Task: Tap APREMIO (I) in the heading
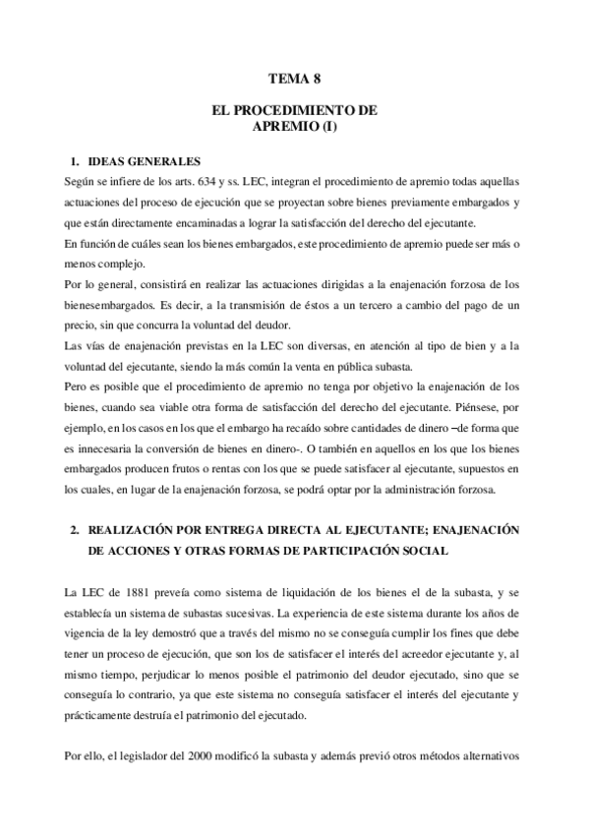tap(294, 127)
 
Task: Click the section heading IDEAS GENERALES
tap(144, 160)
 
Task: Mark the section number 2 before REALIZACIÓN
tap(74, 529)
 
